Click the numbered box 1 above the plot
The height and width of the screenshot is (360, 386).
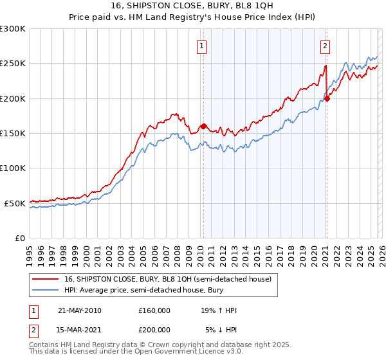202,46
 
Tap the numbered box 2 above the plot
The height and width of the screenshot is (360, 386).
326,46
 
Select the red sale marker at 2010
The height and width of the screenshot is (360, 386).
203,127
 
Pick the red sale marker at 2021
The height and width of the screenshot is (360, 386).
327,98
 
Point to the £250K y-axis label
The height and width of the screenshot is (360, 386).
13,64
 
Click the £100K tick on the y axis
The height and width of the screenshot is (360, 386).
13,168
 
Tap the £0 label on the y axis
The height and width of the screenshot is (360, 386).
19,238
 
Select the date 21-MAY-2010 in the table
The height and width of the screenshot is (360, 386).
79,310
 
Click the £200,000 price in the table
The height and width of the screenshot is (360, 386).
154,329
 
